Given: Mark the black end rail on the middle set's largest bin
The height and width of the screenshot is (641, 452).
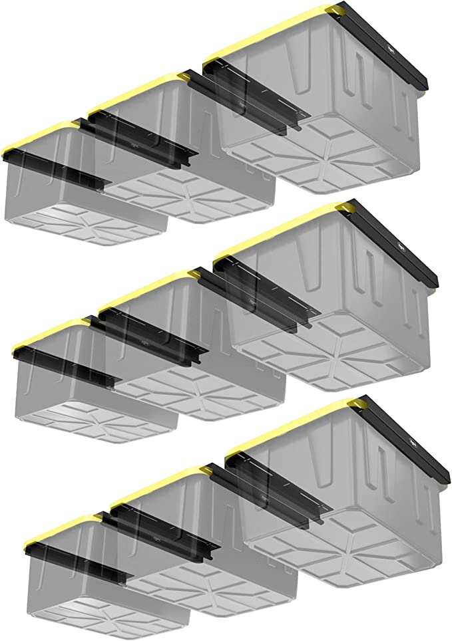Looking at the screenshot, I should coord(399,246).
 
